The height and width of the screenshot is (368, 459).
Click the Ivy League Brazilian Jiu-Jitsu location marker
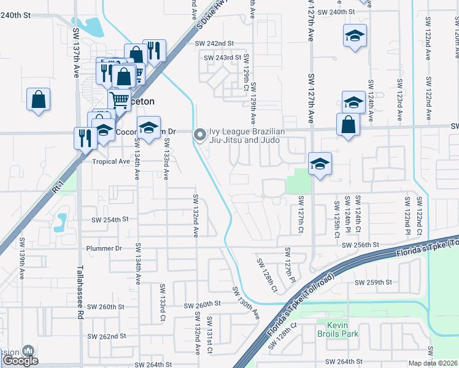199,135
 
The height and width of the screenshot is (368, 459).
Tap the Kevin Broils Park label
337,329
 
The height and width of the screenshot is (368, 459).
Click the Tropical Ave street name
111,161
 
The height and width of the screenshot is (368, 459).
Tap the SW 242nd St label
215,44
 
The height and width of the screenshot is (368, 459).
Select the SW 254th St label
110,219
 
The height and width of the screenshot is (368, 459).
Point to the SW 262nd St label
106,336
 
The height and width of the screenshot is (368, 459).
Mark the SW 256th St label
361,245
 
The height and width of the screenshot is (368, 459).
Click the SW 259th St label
374,282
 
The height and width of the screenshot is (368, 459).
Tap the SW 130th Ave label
245,302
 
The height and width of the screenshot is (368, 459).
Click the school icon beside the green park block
320,164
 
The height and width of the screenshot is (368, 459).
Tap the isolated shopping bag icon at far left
38,99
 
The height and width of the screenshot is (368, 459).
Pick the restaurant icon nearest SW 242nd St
153,51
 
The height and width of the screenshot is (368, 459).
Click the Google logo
20,361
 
